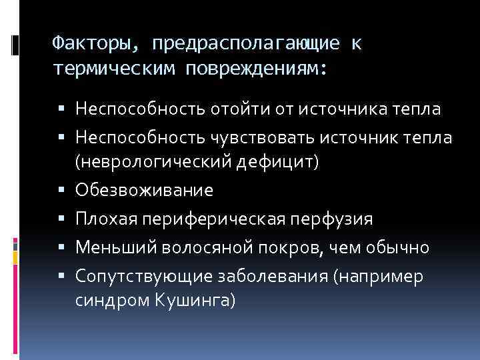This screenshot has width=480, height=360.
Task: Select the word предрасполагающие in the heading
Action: pos(245,43)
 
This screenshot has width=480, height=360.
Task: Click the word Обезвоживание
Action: pos(145,190)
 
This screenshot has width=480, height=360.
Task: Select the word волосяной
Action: pos(217,248)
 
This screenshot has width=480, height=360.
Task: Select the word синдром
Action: pos(109,300)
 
